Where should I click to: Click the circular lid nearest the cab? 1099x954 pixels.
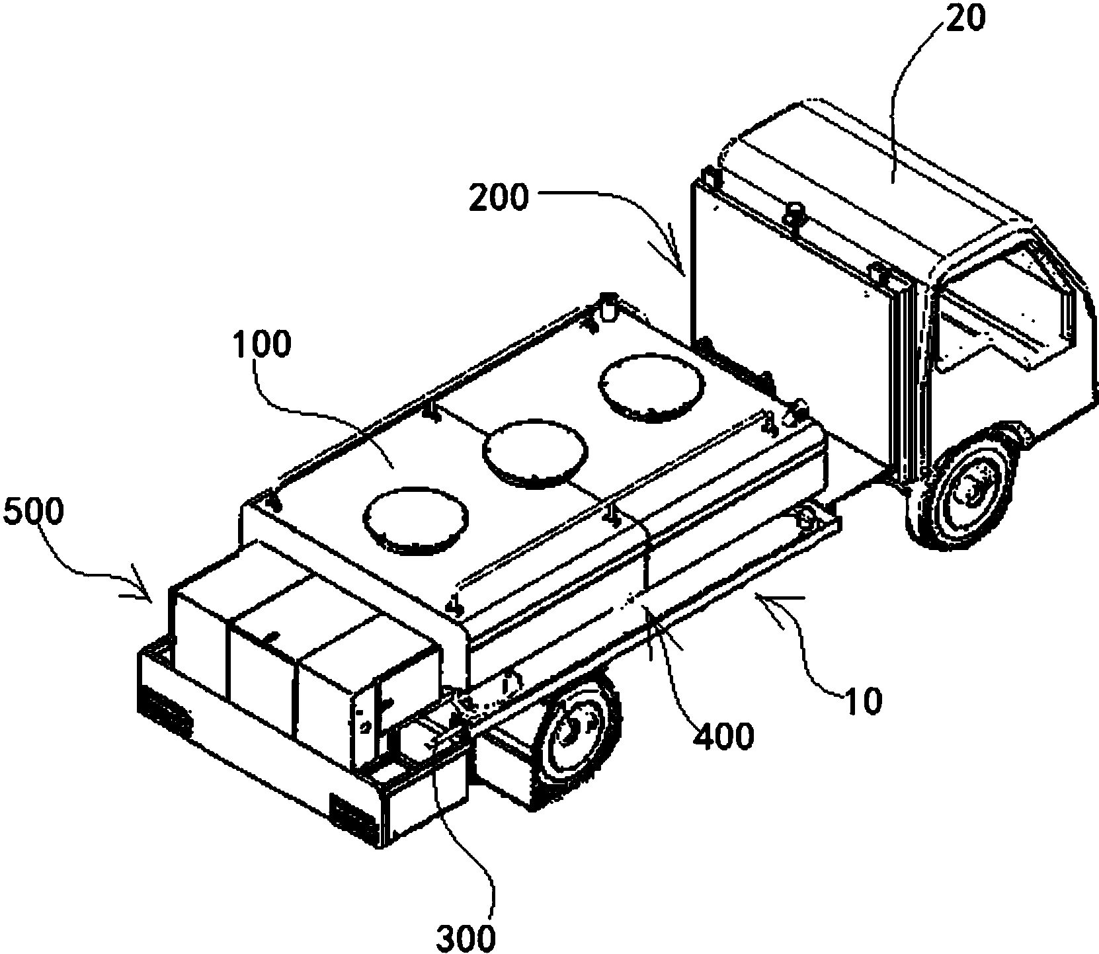click(651, 387)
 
